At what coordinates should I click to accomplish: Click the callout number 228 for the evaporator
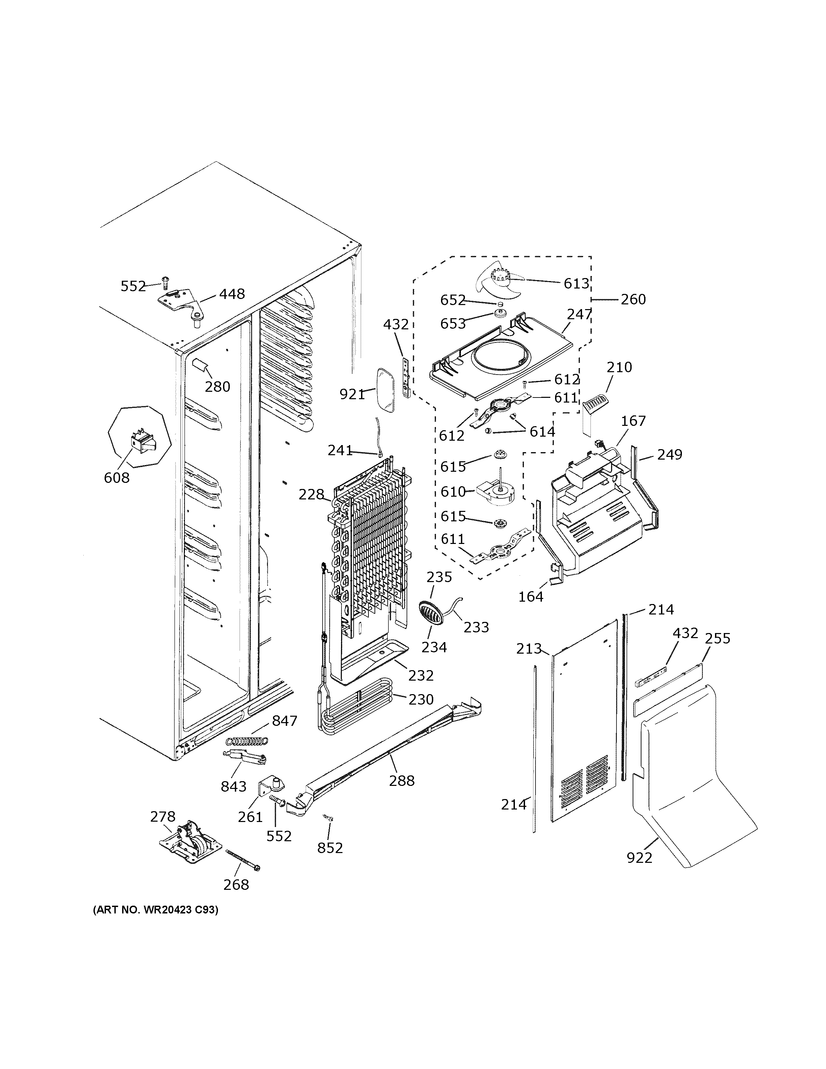click(311, 494)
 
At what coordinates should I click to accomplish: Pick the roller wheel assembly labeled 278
click(191, 841)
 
